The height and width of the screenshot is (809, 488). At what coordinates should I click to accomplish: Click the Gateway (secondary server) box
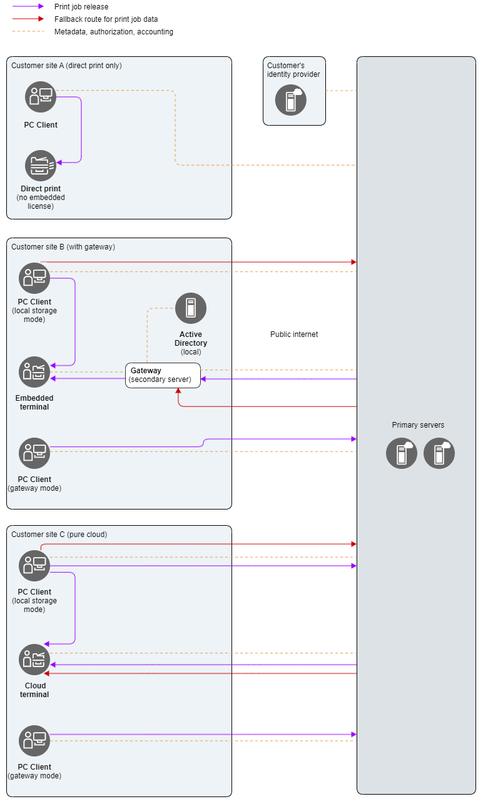tap(163, 375)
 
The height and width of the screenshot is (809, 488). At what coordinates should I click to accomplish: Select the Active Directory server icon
tap(191, 308)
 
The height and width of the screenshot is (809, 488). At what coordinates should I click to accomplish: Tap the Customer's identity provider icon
tap(291, 100)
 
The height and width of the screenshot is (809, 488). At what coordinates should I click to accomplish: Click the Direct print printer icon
tap(41, 166)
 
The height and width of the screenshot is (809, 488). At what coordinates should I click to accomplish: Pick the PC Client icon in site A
tap(41, 97)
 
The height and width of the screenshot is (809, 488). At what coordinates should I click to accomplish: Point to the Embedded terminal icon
tap(34, 372)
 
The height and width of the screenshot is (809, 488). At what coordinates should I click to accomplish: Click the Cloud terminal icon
tap(34, 660)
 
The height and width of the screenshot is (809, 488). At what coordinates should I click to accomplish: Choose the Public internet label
tap(294, 334)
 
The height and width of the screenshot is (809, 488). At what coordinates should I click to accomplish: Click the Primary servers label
tap(418, 425)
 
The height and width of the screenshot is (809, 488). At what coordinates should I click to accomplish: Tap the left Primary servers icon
tap(402, 453)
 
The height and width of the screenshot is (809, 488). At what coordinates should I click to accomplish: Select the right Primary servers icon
tap(439, 453)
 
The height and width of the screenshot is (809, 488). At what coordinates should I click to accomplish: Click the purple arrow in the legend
tap(29, 7)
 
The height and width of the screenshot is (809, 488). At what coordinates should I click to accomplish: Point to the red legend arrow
tap(29, 19)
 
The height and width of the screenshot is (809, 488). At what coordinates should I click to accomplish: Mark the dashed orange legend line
tap(29, 31)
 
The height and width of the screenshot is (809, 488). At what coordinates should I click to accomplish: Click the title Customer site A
tap(66, 66)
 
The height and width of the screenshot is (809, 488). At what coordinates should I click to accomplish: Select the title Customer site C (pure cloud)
tap(59, 535)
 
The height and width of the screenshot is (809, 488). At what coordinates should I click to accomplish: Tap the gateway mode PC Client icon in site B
tap(34, 453)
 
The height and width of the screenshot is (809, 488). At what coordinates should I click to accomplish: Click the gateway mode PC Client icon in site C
tap(34, 741)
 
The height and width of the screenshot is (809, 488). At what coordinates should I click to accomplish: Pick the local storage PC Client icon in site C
tap(34, 566)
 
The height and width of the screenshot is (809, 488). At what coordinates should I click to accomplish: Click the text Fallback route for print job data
tap(106, 19)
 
